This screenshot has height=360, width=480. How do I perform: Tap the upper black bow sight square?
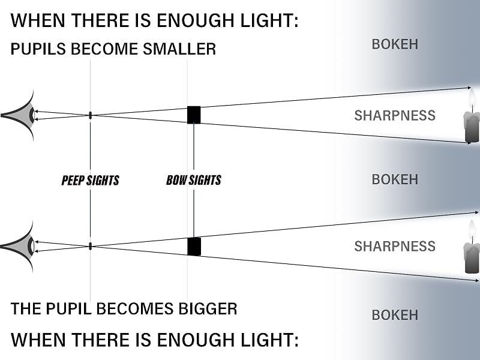coord(194,115)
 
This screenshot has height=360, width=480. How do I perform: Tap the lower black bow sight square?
coord(194,247)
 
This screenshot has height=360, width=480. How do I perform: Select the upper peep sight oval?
coord(91,115)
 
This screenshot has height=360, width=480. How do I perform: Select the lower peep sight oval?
coord(91,246)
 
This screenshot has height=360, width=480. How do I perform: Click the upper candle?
coord(472,117)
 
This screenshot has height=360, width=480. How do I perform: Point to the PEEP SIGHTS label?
coord(91,181)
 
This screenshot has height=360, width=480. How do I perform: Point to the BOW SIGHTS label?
coord(193,180)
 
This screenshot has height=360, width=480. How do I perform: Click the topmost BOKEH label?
coord(395,44)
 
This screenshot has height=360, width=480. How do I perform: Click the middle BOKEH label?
coord(395,179)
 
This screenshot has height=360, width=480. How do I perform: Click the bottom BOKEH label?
coord(395,315)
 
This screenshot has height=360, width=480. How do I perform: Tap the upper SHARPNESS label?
coord(395,115)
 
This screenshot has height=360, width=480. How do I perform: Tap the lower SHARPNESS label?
coord(395,246)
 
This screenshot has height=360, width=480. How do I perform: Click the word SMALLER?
coord(179,49)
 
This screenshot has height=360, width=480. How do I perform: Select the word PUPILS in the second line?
coord(38,49)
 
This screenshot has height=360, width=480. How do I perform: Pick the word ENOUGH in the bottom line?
coord(196,340)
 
